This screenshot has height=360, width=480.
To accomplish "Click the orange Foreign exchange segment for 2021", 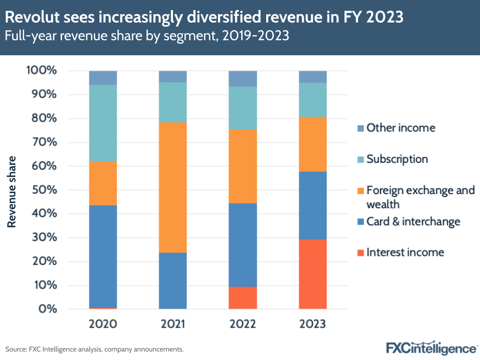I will (x=173, y=187).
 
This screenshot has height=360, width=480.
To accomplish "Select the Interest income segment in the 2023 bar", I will (x=313, y=274).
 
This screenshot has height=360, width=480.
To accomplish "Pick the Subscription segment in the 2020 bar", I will (x=103, y=123).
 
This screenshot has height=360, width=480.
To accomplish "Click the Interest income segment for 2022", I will (x=243, y=298).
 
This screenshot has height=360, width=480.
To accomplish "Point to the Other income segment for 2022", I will (x=243, y=79).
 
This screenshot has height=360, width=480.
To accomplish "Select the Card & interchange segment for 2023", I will (x=313, y=205).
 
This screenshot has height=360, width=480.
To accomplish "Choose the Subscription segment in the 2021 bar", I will (x=173, y=102).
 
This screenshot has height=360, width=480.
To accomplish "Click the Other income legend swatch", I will (x=360, y=128).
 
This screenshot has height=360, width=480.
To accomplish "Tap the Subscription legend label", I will (x=397, y=159).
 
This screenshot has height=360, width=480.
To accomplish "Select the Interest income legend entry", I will (x=405, y=252).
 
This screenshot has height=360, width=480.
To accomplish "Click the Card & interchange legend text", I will (x=413, y=222).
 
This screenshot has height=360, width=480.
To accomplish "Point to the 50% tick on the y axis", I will (x=44, y=190).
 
